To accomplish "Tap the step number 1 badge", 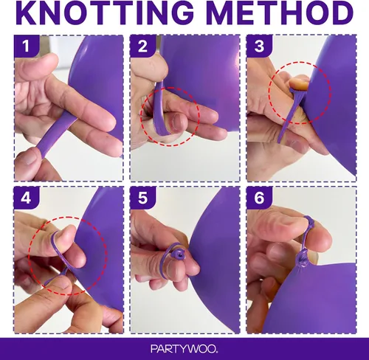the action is point(27,46).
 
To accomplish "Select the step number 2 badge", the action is point(142,46).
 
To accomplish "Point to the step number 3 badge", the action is point(259,46).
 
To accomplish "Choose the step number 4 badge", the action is point(27,198).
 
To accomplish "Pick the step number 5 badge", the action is point(142,198).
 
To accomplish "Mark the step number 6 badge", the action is point(259,198).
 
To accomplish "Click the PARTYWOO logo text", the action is point(184,349).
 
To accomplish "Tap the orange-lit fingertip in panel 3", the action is point(299,83).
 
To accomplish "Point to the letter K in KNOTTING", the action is point(28,13).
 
